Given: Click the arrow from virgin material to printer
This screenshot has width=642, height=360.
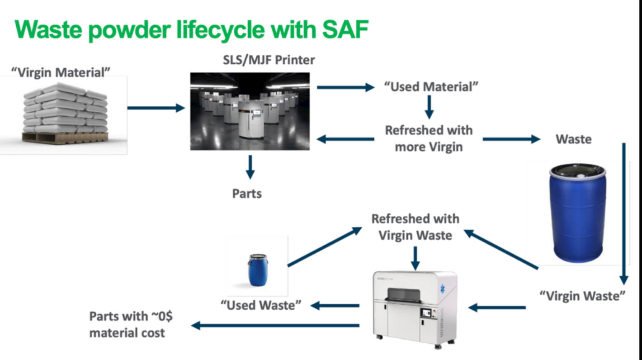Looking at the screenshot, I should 156,108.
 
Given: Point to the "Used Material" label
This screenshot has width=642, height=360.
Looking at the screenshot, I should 431,86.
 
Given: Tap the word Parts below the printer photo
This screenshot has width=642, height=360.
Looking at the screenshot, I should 247,194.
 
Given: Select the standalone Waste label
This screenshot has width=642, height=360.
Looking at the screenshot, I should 574,139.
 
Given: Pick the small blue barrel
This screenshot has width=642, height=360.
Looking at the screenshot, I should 256,270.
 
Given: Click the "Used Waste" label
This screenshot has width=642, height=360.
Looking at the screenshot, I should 261,305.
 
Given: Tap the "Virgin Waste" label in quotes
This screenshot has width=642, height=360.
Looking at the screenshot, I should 583,296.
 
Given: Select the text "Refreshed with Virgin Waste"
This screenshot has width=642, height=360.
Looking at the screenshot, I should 415,227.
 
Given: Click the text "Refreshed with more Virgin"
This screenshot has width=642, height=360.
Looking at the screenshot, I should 429,138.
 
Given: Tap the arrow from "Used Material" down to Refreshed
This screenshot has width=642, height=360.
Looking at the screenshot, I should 430,108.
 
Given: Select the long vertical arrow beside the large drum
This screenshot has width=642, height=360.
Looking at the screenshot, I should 624,213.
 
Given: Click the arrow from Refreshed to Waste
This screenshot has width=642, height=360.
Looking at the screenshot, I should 511,139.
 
